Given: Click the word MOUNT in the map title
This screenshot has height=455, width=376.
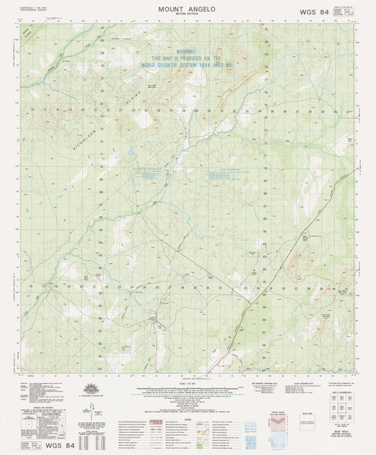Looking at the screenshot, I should pyautogui.click(x=171, y=8).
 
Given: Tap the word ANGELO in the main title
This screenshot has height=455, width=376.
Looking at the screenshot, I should pyautogui.click(x=202, y=8).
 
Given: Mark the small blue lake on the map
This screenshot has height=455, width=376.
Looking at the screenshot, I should pyautogui.click(x=130, y=151).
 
